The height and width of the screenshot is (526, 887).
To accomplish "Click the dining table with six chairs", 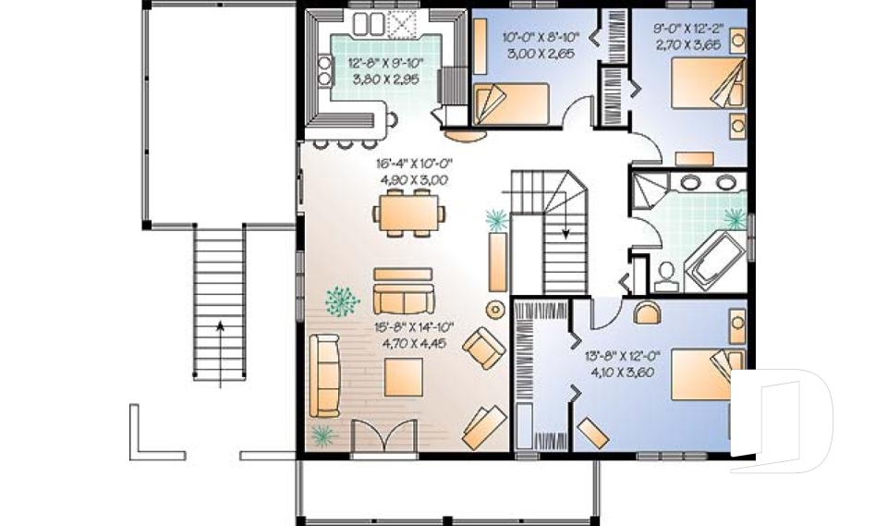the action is pos(409,214).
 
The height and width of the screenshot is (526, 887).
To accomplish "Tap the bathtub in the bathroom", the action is pos(713,260).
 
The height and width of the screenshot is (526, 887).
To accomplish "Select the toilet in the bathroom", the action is pos(667,277).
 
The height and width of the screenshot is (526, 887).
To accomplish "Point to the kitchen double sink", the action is pos(369,23).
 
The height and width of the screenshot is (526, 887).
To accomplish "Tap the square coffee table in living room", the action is pos(404,377).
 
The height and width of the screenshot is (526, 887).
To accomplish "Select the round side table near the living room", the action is pos(496,309).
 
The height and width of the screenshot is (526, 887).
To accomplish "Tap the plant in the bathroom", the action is pos(735,218).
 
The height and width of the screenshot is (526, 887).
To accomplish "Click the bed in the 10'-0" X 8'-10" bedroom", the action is pos(511,104).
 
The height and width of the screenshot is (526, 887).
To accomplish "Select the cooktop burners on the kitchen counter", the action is pos(324,70).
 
